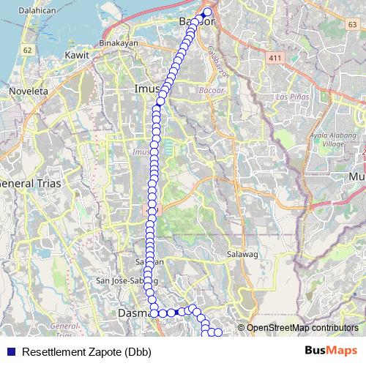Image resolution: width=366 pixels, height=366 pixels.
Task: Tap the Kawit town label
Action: [77, 55]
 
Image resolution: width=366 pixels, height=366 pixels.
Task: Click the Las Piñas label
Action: [291, 97]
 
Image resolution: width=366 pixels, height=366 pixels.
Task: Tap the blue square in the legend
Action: [10, 352]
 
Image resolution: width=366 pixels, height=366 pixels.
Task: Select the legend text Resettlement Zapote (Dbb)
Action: [86, 352]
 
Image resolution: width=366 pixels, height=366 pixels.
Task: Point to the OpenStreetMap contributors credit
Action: [302, 327]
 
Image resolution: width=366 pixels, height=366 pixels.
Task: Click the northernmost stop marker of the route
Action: [207, 12]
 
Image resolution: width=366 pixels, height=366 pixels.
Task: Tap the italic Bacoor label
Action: [211, 91]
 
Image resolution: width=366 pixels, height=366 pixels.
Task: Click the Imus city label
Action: [148, 89]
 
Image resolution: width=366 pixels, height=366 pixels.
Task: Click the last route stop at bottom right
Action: [217, 334]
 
